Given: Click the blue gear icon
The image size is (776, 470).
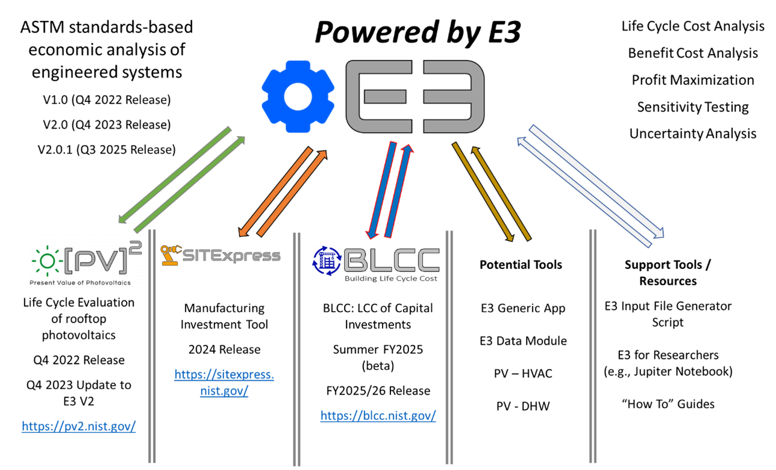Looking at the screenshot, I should coord(295,96).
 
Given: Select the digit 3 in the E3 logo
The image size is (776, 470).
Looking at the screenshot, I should coord(452,96).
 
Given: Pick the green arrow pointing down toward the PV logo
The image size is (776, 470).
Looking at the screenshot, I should coord(175,175).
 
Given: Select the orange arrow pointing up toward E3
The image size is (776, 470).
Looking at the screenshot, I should coord(293,192).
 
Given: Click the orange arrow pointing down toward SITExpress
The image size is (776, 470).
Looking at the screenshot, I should coord(276,191).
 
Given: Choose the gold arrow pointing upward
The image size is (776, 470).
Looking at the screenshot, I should coord(501,193).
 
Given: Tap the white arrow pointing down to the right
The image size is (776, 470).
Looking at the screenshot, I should coord(596,180).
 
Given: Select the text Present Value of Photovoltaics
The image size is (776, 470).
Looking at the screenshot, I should coord(80,282).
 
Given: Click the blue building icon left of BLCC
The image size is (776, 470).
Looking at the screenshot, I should coord(327,261).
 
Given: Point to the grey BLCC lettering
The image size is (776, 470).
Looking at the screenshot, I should coord(392,261).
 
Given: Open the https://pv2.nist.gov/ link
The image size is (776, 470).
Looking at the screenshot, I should coord(79,426).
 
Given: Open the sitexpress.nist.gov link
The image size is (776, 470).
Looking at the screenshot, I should coord(224,383).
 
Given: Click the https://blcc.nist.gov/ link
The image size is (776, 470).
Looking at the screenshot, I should coord(378,415).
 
